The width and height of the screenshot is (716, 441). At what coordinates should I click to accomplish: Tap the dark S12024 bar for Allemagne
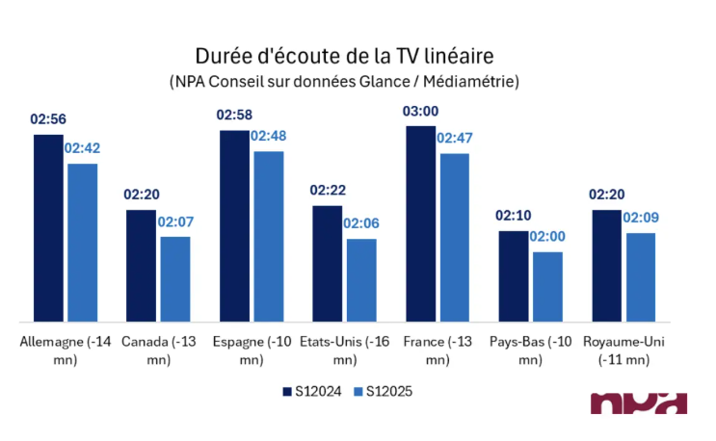point(48,228)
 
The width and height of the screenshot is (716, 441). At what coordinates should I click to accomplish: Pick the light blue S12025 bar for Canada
point(175,279)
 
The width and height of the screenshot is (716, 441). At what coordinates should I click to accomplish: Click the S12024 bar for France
point(420,223)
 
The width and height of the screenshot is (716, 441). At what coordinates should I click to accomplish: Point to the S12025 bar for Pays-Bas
point(547,287)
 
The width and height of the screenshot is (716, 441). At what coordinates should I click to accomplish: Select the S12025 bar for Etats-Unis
point(361,280)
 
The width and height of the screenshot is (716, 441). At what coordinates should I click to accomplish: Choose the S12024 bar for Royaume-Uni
point(607,266)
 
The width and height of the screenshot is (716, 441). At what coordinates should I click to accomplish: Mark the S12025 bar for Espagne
point(269,236)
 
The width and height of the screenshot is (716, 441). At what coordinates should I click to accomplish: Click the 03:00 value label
point(420,114)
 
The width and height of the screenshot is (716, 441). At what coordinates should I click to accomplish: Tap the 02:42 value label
point(82,149)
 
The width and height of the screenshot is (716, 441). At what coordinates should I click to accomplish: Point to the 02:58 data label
point(234,116)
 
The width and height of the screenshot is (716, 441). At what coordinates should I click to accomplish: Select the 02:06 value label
point(361,223)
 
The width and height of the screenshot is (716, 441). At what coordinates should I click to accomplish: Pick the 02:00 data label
point(547,237)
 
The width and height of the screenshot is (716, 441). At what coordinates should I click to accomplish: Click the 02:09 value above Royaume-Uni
point(641,218)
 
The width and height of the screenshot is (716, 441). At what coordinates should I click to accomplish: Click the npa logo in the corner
point(638,404)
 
